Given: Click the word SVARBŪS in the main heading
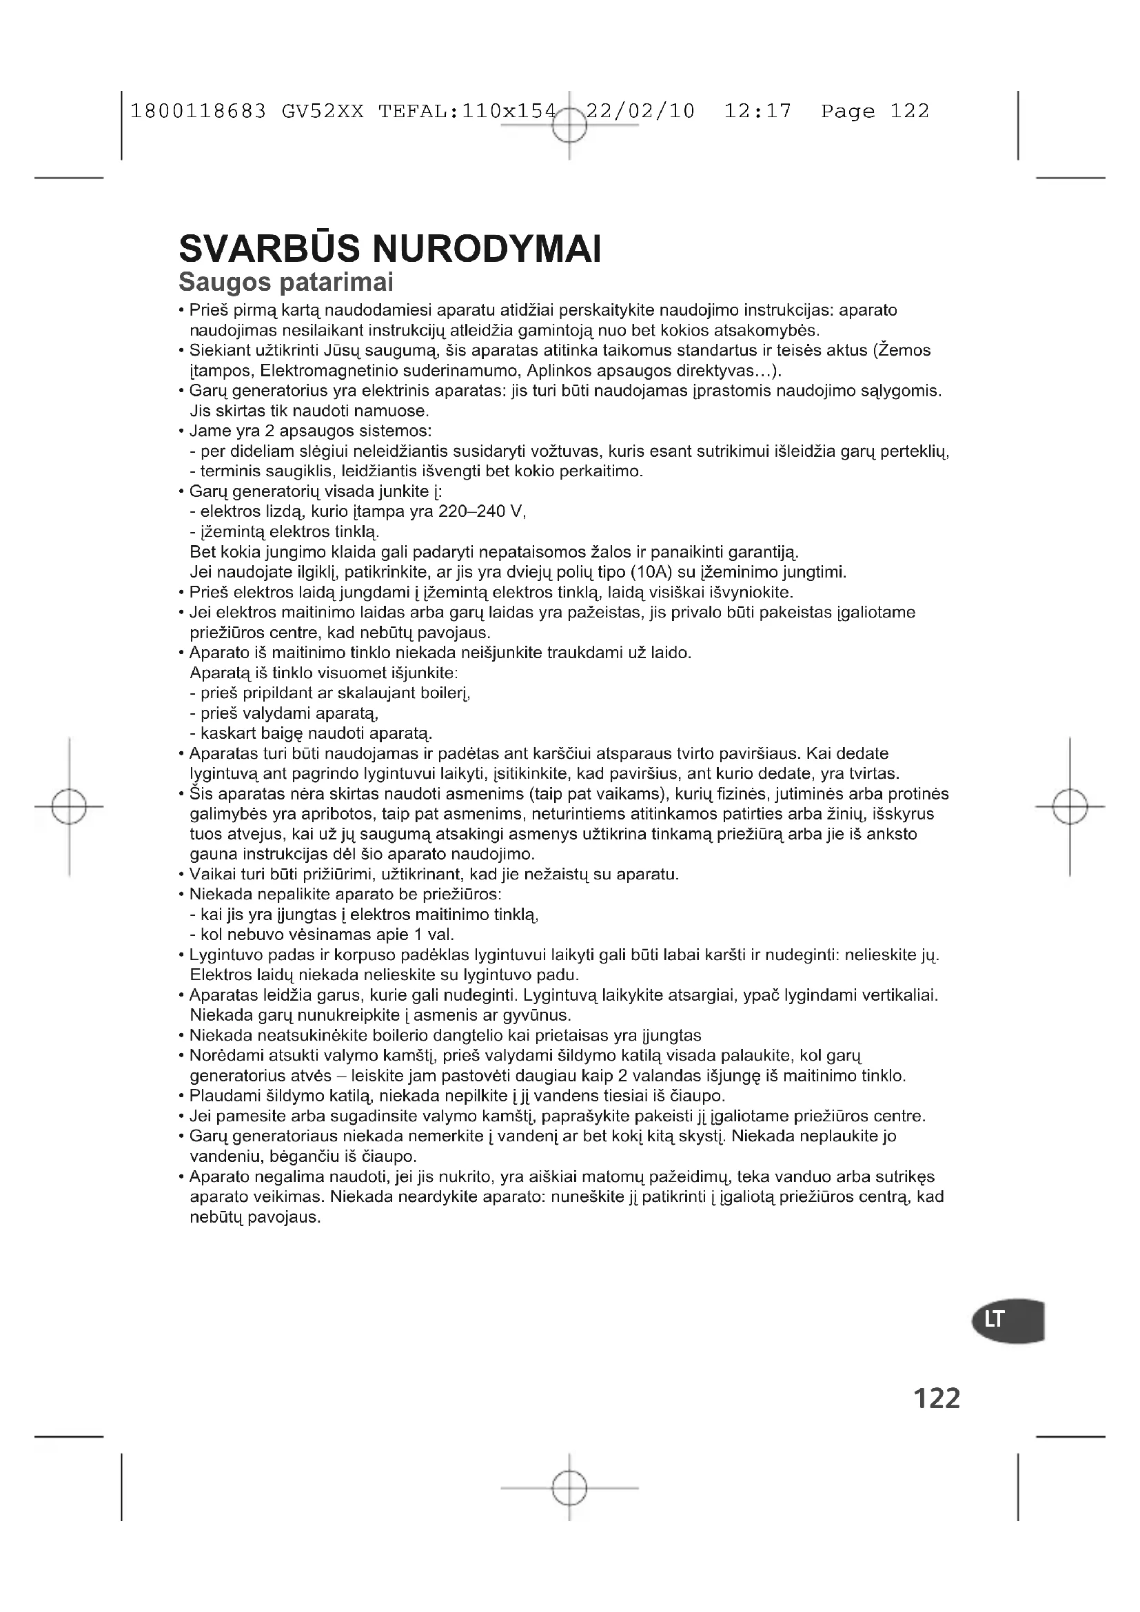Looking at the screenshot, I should (x=269, y=249).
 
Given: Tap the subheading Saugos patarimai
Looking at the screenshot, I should (x=286, y=283).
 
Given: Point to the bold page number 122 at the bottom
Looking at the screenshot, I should (x=937, y=1398).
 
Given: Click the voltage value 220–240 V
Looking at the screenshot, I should (x=482, y=511).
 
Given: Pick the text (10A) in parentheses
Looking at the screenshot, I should (x=651, y=572).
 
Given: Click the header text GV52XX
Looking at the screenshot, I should (x=323, y=111).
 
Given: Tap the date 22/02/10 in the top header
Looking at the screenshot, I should (x=640, y=111).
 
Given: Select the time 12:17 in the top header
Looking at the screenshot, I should (x=757, y=111).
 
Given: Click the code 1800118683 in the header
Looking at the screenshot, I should (x=199, y=111).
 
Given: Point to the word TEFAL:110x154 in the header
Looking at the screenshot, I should (x=467, y=111).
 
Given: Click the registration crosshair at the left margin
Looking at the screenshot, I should (x=69, y=806).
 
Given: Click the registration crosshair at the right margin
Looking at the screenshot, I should (x=1070, y=806).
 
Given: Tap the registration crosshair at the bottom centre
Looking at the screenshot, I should (x=569, y=1487).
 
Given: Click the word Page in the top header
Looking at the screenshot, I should (x=848, y=111).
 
